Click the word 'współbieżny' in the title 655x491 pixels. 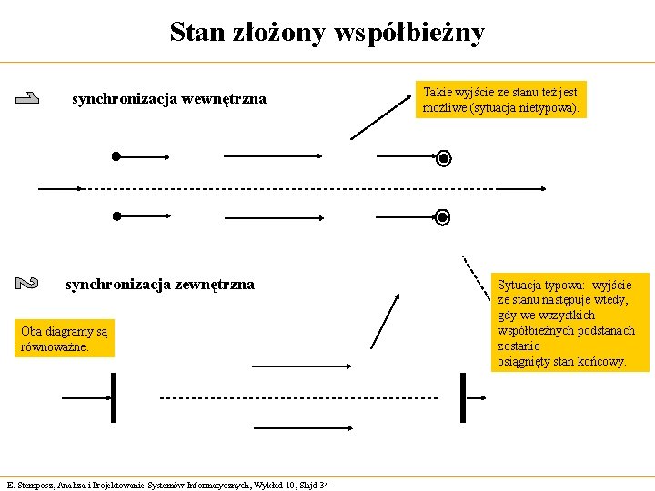(408, 34)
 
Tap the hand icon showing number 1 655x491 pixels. (27, 99)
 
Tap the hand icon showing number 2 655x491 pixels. (27, 284)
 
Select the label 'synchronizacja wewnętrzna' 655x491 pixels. (169, 99)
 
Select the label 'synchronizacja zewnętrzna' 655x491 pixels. (160, 285)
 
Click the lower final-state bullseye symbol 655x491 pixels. (443, 217)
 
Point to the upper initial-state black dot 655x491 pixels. (116, 156)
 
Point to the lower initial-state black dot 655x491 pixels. (116, 216)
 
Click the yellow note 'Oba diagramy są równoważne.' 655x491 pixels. (65, 339)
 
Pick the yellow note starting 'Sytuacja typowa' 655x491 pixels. (566, 323)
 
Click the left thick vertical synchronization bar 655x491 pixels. (113, 397)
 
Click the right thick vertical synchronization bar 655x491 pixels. (463, 397)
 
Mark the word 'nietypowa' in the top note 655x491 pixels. (549, 108)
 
